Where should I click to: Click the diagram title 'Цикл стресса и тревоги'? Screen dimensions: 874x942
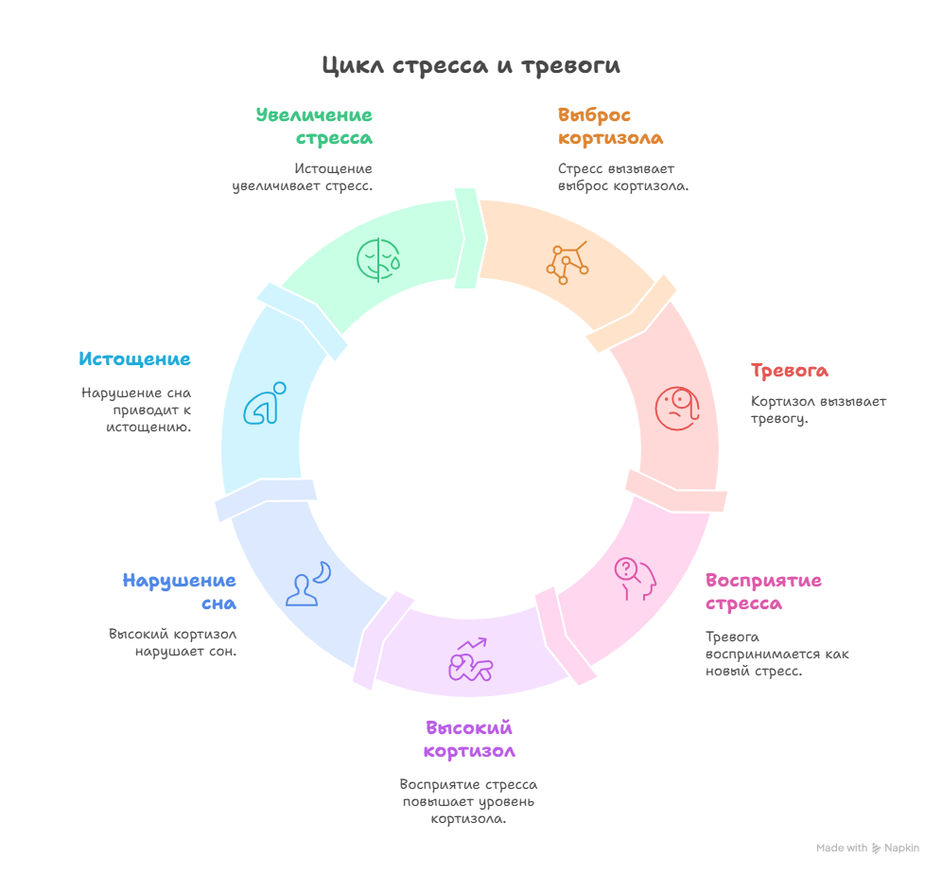point(470,66)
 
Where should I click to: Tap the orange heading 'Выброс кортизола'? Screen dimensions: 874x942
point(610,127)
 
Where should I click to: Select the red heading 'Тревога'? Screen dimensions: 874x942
point(790,371)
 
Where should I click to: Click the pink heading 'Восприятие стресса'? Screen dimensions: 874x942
point(763,592)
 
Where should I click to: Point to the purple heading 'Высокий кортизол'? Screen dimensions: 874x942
point(469,740)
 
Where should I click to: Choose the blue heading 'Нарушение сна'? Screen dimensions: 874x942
point(179,592)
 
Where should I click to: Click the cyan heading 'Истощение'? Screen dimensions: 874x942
point(134,359)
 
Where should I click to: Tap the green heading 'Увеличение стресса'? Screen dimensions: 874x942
point(315,127)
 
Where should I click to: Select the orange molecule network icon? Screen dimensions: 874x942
point(567,263)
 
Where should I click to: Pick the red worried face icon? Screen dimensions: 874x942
point(678,409)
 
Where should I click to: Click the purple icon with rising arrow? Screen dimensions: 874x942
point(471,658)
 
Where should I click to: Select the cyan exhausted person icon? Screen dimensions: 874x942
point(265,403)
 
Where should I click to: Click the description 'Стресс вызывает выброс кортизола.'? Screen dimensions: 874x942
point(622,177)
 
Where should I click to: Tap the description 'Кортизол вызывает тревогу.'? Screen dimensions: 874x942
point(819,410)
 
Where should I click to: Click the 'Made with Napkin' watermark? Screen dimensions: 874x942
point(867,848)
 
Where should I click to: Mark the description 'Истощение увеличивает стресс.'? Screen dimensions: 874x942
point(304,177)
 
